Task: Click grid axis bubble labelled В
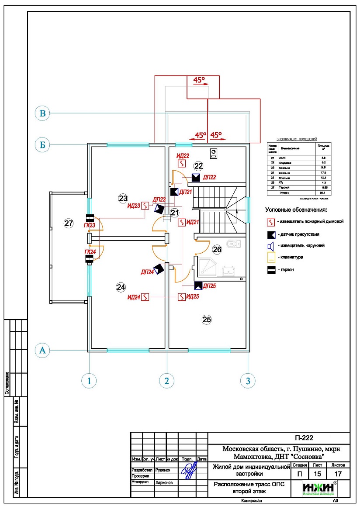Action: point(42,113)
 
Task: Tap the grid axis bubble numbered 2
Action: point(166,381)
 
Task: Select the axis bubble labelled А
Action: point(42,350)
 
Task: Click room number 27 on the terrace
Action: point(68,224)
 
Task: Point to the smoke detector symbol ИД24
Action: point(146,297)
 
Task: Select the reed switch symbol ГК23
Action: point(90,218)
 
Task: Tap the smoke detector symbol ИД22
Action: point(182,163)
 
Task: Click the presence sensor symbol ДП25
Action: point(198,286)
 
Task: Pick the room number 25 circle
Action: point(207,320)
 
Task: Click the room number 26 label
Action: point(217,250)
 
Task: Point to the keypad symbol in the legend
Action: point(271,257)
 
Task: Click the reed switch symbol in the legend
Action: point(271,270)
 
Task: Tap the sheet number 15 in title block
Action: point(319,474)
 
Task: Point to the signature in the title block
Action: point(189,471)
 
